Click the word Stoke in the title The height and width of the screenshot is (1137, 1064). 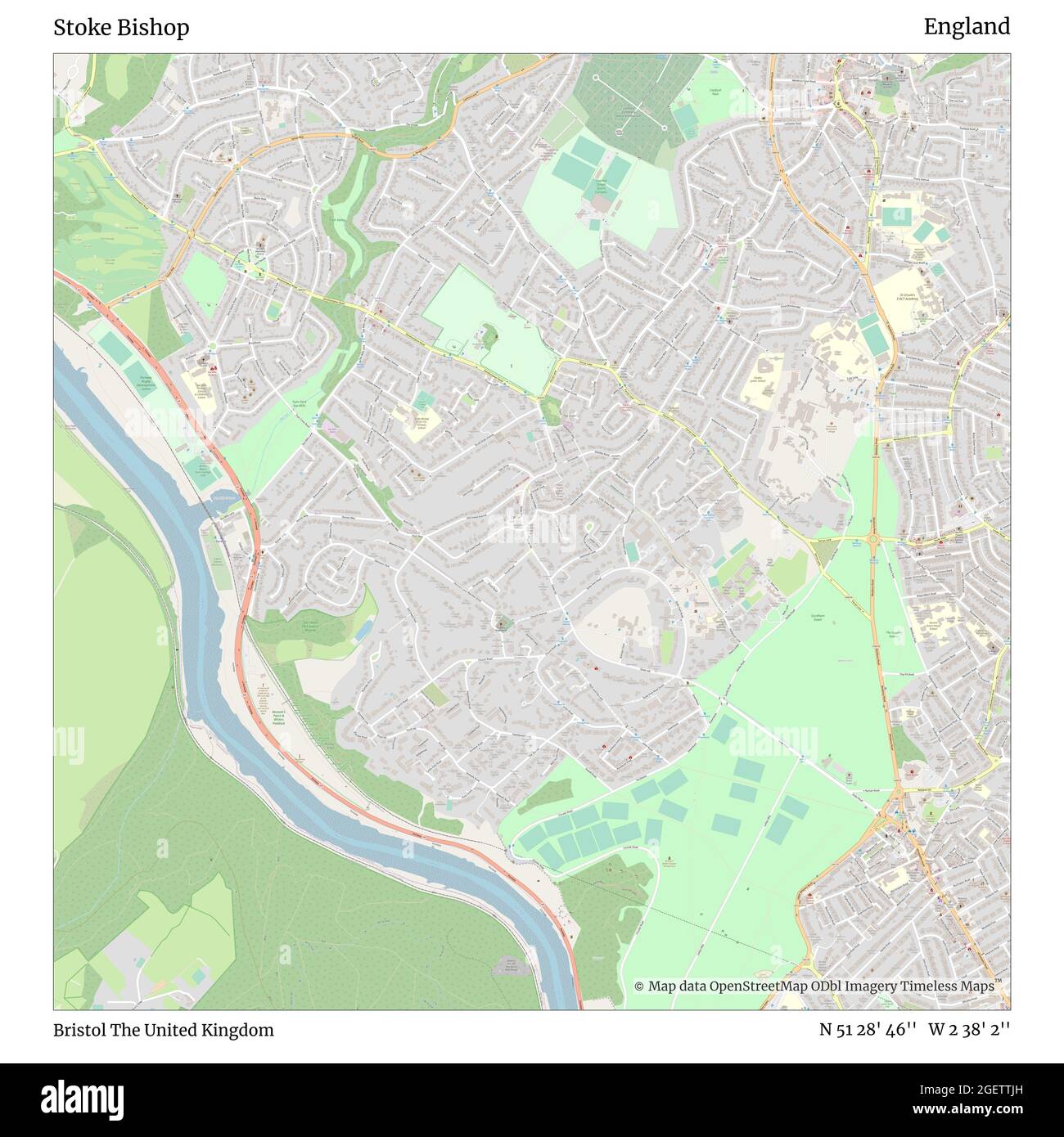(x=80, y=27)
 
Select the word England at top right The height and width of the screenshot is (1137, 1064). (x=967, y=26)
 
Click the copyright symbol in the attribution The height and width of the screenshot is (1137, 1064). (x=639, y=986)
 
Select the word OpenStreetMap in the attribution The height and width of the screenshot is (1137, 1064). (x=747, y=986)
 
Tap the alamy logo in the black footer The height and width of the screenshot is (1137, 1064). (x=82, y=1098)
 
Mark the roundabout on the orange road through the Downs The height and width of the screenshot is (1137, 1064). (x=874, y=539)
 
